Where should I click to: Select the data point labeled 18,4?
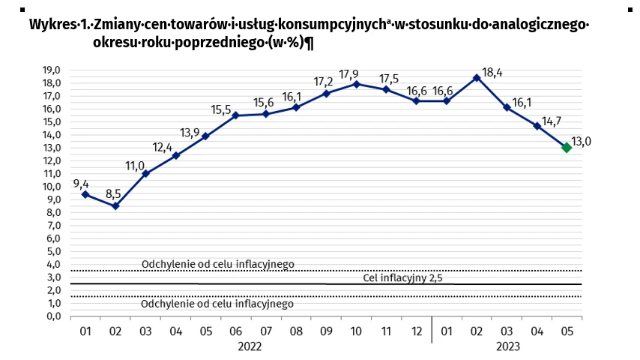pos(476,77)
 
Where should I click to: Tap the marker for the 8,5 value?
pos(115,205)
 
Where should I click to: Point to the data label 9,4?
pos(82,182)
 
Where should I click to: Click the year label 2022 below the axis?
pos(250,346)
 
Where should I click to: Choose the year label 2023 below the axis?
pos(507,346)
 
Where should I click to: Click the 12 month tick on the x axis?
pos(416,331)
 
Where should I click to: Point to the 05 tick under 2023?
pos(567,331)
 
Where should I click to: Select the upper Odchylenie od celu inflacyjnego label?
pos(217,264)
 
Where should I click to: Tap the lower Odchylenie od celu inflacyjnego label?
pos(217,304)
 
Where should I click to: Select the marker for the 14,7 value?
pos(537,126)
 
